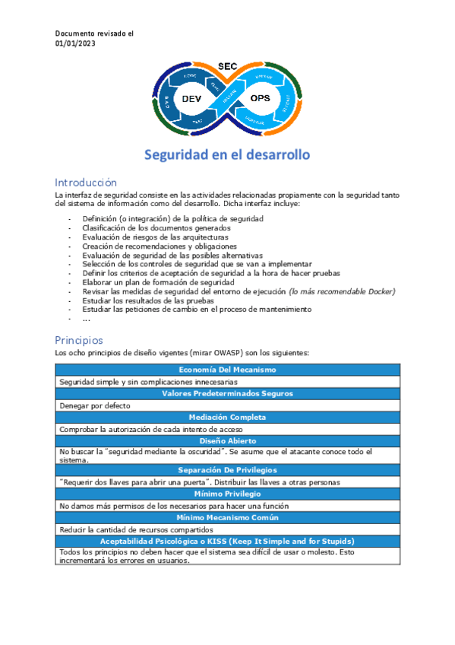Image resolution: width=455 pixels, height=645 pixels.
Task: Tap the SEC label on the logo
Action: click(228, 67)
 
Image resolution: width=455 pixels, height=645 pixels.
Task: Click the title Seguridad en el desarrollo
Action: click(227, 154)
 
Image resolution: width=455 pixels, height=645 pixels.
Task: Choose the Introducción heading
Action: click(86, 183)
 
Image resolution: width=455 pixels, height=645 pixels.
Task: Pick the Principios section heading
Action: click(79, 340)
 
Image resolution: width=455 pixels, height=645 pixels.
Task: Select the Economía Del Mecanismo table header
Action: click(227, 370)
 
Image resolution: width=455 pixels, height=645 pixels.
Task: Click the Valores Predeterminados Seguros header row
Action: click(227, 393)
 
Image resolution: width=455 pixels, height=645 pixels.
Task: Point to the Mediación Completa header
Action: click(227, 417)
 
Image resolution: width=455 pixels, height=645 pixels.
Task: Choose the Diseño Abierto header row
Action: click(227, 440)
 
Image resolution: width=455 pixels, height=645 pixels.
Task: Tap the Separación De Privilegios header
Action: click(227, 470)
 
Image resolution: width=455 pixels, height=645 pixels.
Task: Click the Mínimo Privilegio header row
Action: click(227, 494)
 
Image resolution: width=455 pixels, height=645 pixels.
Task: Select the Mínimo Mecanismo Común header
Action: click(227, 517)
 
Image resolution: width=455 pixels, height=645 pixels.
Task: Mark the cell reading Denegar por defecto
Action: click(95, 405)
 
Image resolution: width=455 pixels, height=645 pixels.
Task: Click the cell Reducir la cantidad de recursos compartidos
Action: click(134, 529)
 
